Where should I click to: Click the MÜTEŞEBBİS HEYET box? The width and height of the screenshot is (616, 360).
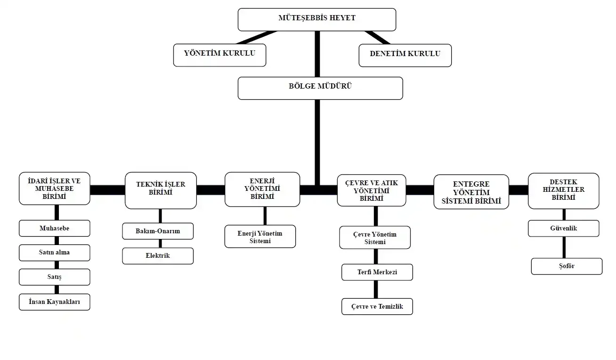click(316, 19)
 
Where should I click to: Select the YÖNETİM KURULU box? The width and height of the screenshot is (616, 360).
click(219, 55)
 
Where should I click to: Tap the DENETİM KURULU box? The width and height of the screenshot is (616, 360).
click(405, 55)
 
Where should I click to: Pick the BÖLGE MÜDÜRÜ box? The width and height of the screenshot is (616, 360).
click(320, 88)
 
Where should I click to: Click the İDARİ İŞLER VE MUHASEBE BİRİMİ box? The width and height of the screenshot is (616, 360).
click(54, 188)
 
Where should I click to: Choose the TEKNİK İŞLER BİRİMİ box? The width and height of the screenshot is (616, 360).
click(161, 190)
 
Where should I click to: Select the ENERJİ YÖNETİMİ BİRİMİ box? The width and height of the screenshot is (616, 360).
click(262, 189)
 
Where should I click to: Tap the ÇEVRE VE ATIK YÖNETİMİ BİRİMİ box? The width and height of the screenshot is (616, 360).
click(372, 190)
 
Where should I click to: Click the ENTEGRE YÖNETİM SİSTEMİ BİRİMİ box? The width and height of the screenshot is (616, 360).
click(471, 192)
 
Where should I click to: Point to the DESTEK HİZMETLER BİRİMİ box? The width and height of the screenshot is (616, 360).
click(563, 190)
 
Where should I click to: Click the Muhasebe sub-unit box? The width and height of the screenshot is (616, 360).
click(54, 229)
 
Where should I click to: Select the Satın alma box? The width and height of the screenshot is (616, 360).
click(54, 253)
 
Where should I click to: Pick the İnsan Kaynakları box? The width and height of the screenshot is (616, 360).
click(54, 302)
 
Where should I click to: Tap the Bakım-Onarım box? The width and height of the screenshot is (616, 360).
click(158, 231)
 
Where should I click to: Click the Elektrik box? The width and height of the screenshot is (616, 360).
click(158, 256)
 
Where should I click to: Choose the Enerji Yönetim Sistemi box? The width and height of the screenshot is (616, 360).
click(260, 237)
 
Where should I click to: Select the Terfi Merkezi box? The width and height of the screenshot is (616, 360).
click(377, 272)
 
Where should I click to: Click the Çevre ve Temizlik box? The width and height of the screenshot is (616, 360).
click(377, 306)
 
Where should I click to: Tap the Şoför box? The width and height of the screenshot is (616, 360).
click(567, 266)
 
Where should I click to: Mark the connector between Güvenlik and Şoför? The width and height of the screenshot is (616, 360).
click(564, 247)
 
